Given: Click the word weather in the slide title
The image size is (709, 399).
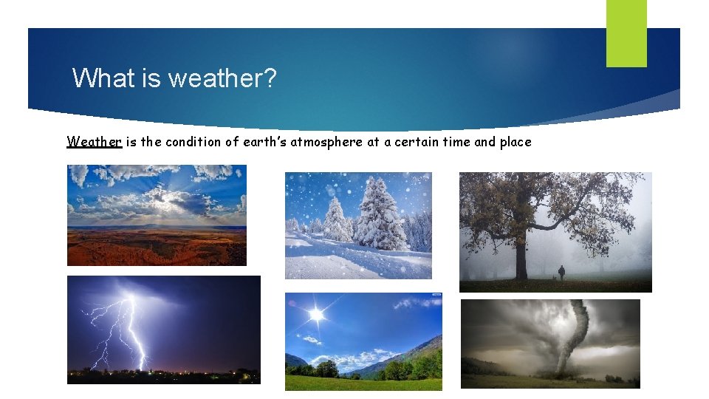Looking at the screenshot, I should click(222, 78).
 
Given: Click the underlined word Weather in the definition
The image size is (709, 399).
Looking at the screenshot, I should click(94, 142).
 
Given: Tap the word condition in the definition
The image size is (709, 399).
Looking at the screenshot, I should click(193, 142).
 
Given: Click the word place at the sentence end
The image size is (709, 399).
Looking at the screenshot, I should click(515, 142).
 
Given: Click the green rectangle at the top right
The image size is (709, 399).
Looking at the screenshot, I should click(626, 33).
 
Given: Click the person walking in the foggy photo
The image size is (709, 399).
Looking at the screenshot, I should click(561, 273).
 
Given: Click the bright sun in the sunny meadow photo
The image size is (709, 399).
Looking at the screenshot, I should click(317, 316).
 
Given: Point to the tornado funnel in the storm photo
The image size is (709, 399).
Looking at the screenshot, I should click(572, 336).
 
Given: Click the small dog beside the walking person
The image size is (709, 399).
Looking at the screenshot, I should click(553, 278).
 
